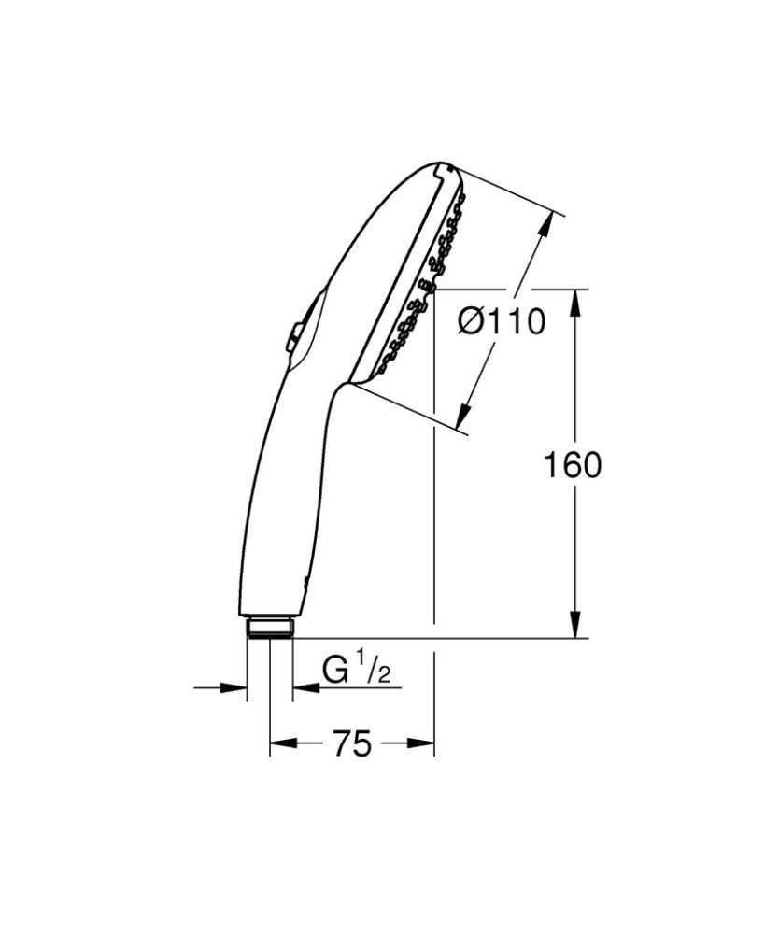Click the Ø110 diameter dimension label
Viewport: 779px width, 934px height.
[x=501, y=322]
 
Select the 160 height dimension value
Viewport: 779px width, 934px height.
[x=573, y=464]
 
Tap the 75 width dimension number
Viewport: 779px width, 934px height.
[x=352, y=743]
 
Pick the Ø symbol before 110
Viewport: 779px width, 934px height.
[x=472, y=322]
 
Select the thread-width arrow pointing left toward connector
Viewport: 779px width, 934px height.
[x=305, y=689]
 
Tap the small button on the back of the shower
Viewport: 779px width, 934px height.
[x=292, y=336]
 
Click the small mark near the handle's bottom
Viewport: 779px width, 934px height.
[x=304, y=584]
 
